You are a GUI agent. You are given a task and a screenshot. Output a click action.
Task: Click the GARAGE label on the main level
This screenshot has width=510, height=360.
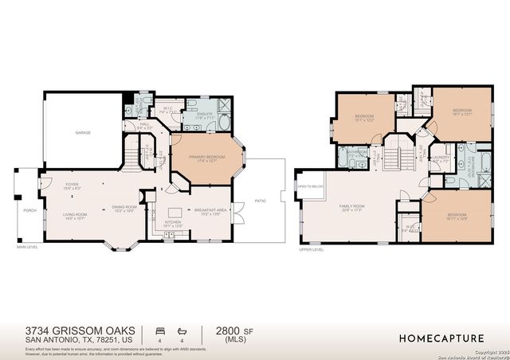pos(83,132)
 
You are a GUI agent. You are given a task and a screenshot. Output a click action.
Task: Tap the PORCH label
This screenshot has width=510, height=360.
pos(29,210)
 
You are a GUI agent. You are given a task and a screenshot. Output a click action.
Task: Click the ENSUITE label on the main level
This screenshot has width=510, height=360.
pos(194,114)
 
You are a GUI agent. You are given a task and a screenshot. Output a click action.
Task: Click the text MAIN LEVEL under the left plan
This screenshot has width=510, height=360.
pos(28,248)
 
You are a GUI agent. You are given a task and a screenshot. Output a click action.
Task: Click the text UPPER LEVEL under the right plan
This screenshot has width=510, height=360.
pos(311,249)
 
